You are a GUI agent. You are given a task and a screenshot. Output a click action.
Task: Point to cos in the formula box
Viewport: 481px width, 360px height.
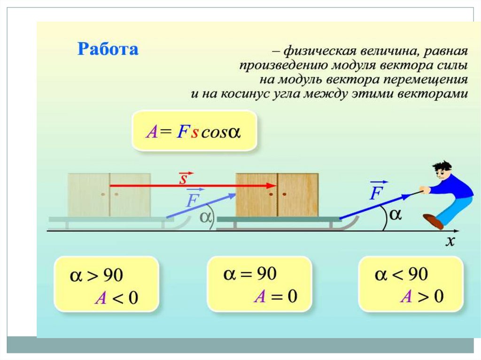[214, 132]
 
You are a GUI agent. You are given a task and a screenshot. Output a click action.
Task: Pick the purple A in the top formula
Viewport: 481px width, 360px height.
[151, 132]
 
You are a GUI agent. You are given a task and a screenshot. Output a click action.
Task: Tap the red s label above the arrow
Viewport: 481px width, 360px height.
[184, 178]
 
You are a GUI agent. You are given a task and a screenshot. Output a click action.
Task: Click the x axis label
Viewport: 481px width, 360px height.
[450, 241]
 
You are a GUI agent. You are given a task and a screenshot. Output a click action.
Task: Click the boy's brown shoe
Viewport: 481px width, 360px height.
[433, 221]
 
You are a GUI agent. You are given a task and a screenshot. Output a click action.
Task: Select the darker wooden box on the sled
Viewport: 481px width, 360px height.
[277, 195]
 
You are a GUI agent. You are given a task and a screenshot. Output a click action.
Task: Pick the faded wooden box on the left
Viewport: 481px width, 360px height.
[109, 195]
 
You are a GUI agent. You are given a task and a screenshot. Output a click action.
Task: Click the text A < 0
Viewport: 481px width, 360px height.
[117, 298]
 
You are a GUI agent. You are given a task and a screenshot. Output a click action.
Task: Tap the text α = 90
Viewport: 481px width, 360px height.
[249, 274]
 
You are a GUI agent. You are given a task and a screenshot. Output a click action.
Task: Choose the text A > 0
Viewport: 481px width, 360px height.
[422, 296]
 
